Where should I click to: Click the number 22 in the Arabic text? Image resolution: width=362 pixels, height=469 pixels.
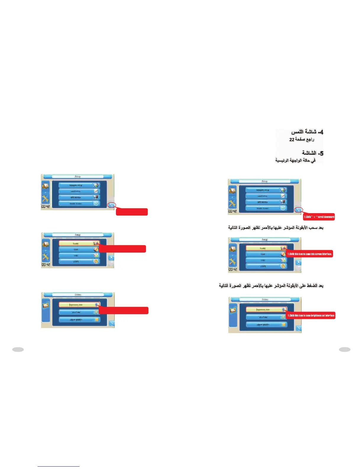coord(292,139)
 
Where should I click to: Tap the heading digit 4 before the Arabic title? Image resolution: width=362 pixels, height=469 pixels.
coord(321,132)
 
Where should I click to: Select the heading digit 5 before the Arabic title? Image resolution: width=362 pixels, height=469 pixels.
coord(321,153)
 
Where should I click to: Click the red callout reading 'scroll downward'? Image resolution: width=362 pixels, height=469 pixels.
coord(319,217)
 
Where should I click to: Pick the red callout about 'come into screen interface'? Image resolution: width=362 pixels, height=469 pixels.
coord(309,254)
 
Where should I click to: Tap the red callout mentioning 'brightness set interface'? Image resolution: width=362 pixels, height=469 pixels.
coord(311,316)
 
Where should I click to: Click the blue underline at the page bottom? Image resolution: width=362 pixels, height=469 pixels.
coord(59,466)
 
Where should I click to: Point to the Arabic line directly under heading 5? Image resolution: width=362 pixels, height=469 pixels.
coord(295,160)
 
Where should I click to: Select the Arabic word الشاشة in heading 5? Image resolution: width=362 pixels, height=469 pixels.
coord(309,153)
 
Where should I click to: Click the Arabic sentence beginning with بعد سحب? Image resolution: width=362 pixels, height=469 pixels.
coord(276,228)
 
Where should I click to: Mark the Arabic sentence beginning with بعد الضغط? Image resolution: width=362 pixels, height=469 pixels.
coord(271,286)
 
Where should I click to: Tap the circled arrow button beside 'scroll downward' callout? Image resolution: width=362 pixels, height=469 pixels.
coord(299,210)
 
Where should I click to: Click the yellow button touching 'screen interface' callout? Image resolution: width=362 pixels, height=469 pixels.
coord(266,248)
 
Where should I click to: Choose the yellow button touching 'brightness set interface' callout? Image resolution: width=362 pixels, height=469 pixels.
coord(266,309)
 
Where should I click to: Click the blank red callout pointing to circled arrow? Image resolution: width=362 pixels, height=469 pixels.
coord(132,212)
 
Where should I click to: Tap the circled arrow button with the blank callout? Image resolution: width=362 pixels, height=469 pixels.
coord(112,205)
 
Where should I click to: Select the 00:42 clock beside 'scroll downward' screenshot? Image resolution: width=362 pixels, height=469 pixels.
coord(232,211)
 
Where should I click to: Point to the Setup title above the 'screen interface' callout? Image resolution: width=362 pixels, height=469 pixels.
coord(265,240)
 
